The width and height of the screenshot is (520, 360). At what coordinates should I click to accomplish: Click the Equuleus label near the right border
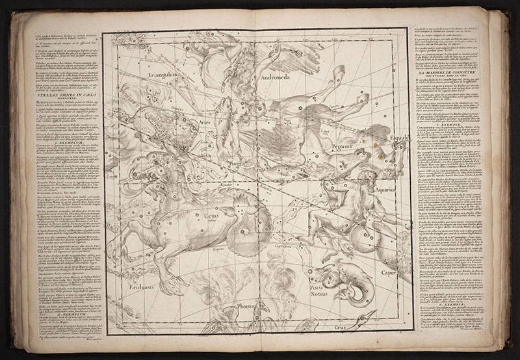coord(393,138)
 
